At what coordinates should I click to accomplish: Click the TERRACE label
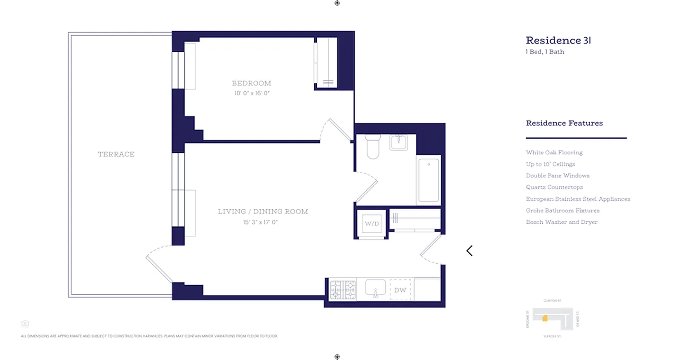point(116,154)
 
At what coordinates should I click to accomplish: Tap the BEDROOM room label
point(252,83)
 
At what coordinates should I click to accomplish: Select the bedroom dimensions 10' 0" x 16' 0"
point(252,93)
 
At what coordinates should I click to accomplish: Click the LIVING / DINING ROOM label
point(263,211)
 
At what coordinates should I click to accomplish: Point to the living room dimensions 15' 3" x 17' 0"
point(261,222)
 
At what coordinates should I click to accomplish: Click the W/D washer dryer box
point(372,224)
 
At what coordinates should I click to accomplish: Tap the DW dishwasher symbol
point(400,290)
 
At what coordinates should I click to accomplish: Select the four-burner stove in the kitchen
point(343,290)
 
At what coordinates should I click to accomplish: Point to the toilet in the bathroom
point(373,147)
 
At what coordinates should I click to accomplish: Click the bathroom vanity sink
point(399,142)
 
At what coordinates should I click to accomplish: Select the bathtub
point(429,180)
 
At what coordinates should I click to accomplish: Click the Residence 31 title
point(558,40)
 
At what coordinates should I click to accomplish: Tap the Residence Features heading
point(564,123)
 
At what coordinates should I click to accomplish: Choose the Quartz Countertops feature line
point(554,187)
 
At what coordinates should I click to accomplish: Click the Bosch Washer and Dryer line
point(562,222)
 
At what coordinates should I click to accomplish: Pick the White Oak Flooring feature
point(554,153)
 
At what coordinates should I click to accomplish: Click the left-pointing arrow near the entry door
point(469,251)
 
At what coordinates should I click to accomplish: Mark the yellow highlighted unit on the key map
point(545,318)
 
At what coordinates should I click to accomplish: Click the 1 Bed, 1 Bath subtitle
point(545,52)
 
